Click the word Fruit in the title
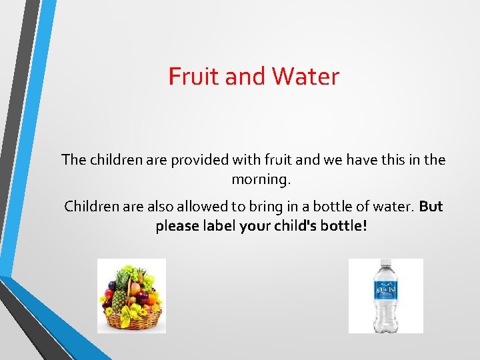[194, 77]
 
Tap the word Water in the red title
[306, 77]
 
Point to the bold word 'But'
[431, 207]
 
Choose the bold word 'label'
[214, 226]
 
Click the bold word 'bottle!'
[344, 226]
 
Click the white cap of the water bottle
[386, 263]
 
